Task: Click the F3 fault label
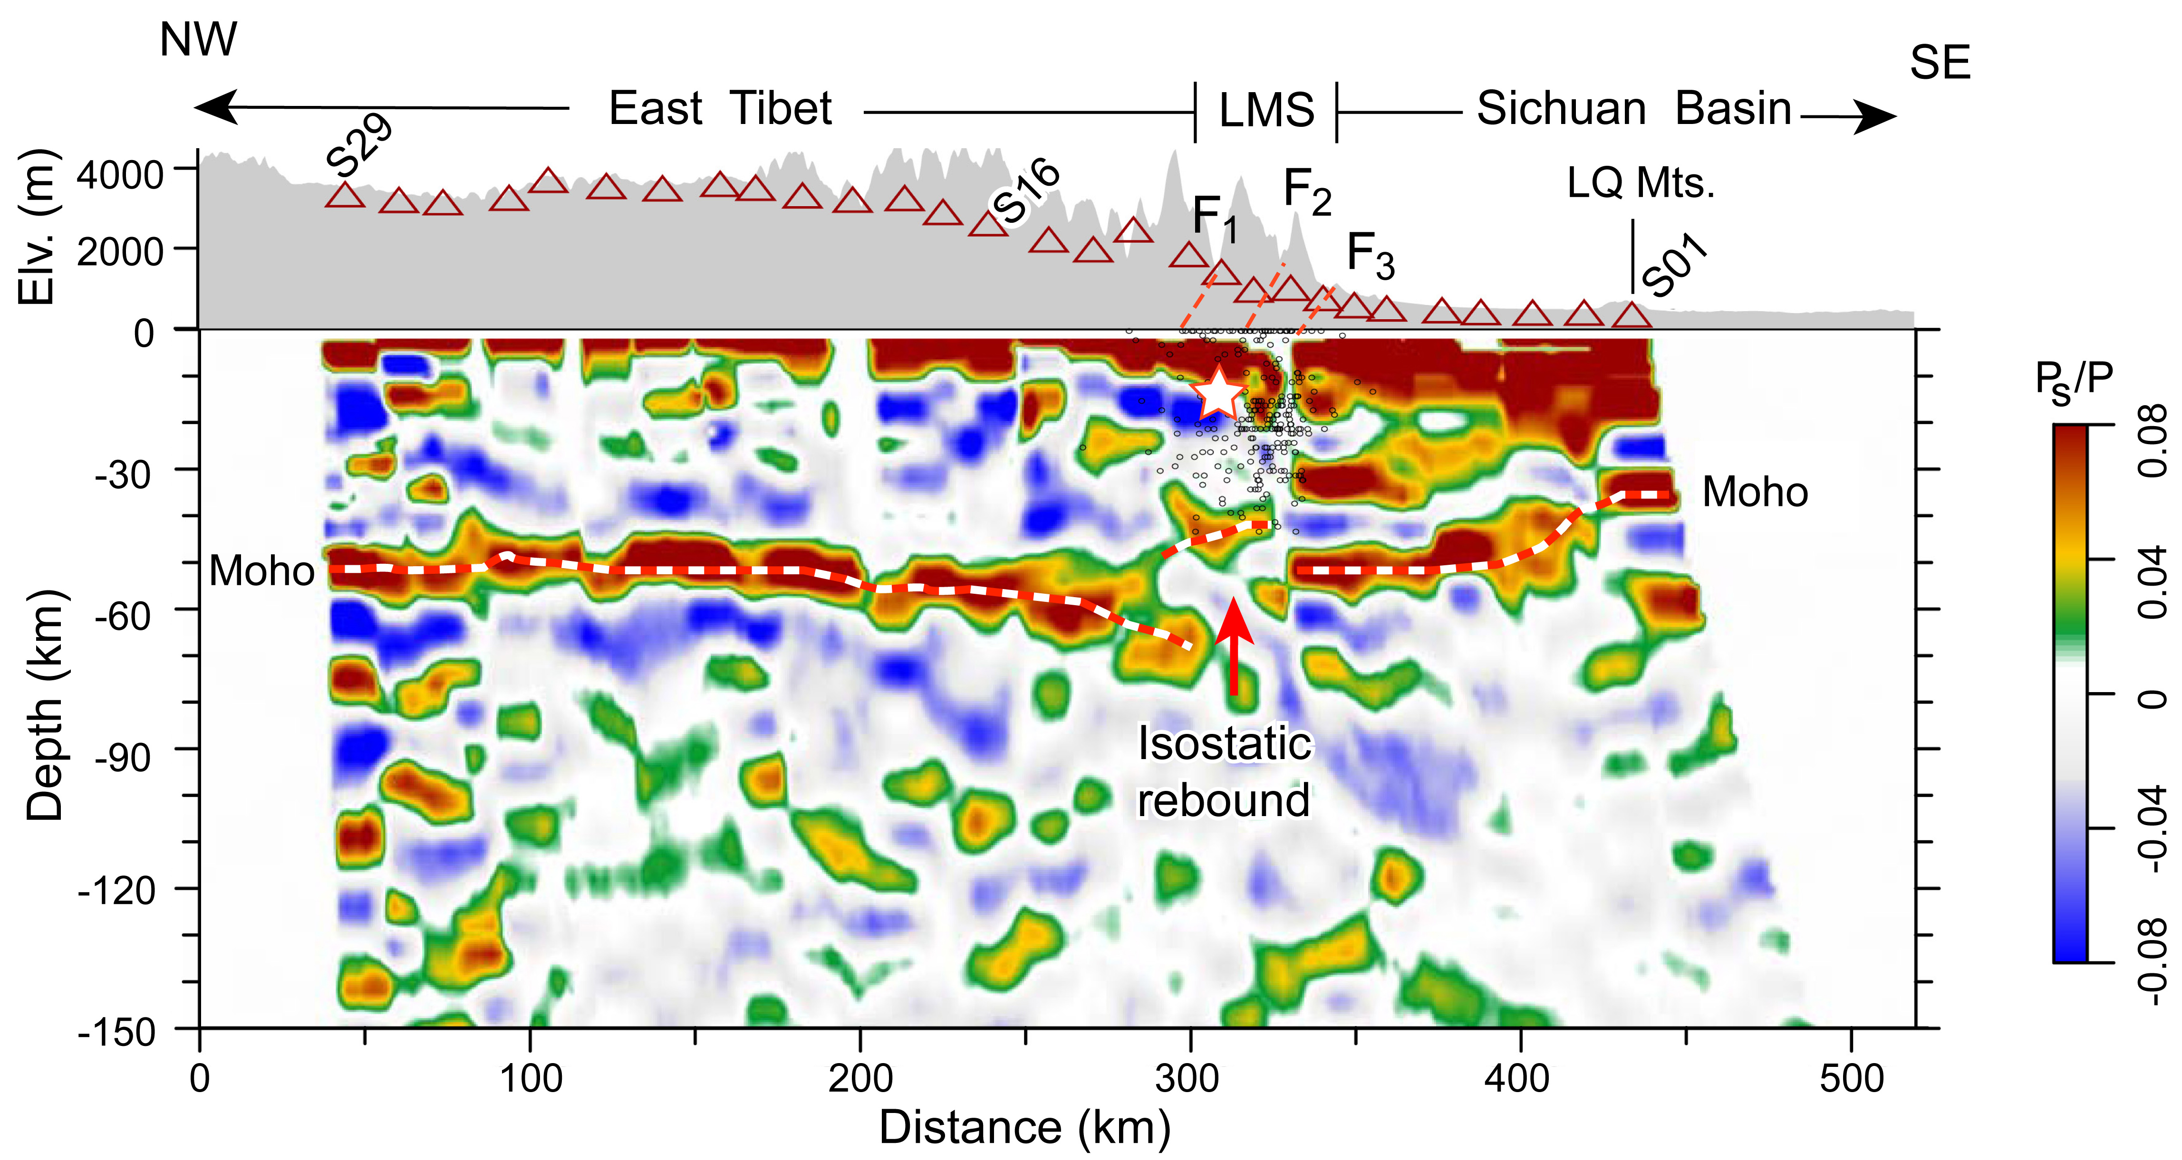click(1370, 255)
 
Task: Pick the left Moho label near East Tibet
click(262, 571)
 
